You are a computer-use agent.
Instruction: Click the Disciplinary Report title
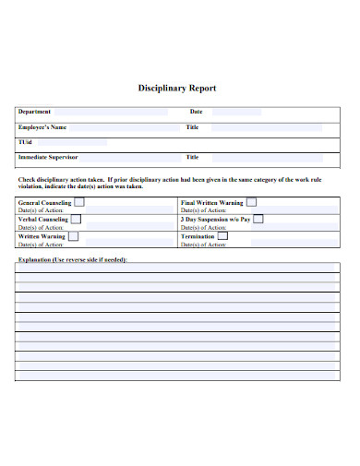[x=177, y=89]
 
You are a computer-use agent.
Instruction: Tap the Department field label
[x=35, y=112]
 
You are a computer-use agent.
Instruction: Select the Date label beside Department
[x=196, y=112]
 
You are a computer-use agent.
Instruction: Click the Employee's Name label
[x=42, y=127]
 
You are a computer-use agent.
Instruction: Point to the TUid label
[x=25, y=142]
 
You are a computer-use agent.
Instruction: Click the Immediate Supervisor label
[x=48, y=157]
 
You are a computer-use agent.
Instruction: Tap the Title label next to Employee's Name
[x=193, y=127]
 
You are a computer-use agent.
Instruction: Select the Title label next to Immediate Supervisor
[x=193, y=157]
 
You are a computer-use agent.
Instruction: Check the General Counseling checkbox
[x=79, y=201]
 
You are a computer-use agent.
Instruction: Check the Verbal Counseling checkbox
[x=76, y=219]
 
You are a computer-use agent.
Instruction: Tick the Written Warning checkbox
[x=73, y=236]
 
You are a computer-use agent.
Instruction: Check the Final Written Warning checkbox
[x=251, y=201]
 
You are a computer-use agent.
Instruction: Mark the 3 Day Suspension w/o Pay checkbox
[x=258, y=219]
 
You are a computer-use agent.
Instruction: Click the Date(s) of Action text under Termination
[x=203, y=245]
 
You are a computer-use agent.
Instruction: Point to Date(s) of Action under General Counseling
[x=41, y=210]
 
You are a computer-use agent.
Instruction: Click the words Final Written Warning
[x=212, y=202]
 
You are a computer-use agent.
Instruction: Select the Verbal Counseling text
[x=43, y=220]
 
